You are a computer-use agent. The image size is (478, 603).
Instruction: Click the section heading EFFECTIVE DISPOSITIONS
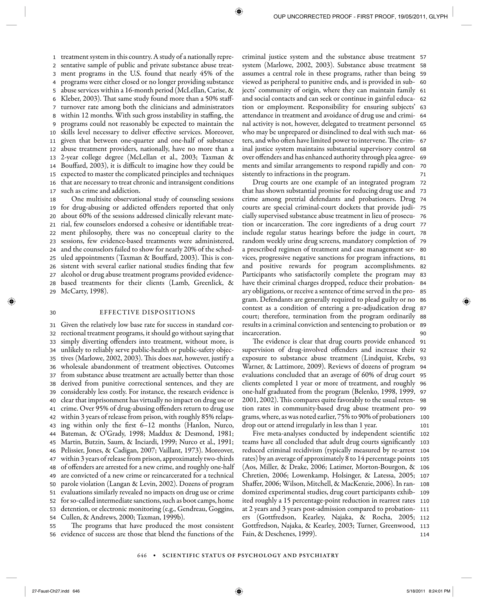point(147,312)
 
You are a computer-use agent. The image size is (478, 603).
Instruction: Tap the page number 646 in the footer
point(142,555)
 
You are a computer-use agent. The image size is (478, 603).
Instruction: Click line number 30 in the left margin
point(53,313)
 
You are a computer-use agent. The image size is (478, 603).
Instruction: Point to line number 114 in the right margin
point(425,534)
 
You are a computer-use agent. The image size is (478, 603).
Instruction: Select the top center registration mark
point(239,12)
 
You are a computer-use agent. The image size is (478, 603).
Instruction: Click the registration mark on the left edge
point(11,301)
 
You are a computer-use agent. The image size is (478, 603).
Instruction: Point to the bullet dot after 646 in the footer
point(154,555)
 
